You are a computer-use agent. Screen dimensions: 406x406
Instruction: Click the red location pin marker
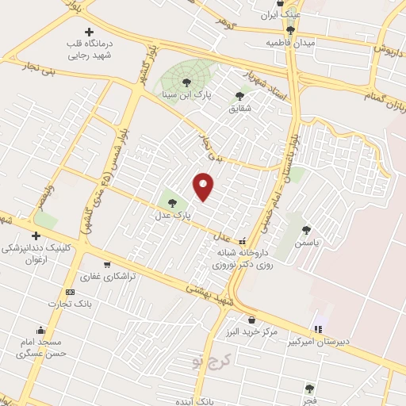tap(204, 186)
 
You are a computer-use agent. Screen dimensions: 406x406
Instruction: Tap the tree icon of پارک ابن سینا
tap(187, 82)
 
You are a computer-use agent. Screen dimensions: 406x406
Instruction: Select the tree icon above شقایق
tap(239, 96)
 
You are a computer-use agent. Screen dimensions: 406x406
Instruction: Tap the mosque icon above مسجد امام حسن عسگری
tap(40, 330)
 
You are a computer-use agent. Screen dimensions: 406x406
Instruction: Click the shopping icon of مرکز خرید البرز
tap(252, 320)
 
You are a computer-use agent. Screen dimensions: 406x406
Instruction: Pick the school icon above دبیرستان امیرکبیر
tap(318, 328)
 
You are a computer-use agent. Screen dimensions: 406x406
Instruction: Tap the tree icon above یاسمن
tap(306, 230)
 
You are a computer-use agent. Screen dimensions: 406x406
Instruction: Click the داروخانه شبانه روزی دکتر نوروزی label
tap(246, 259)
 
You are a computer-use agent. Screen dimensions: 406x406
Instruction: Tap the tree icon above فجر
tap(309, 388)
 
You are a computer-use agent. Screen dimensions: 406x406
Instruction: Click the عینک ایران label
tap(282, 15)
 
